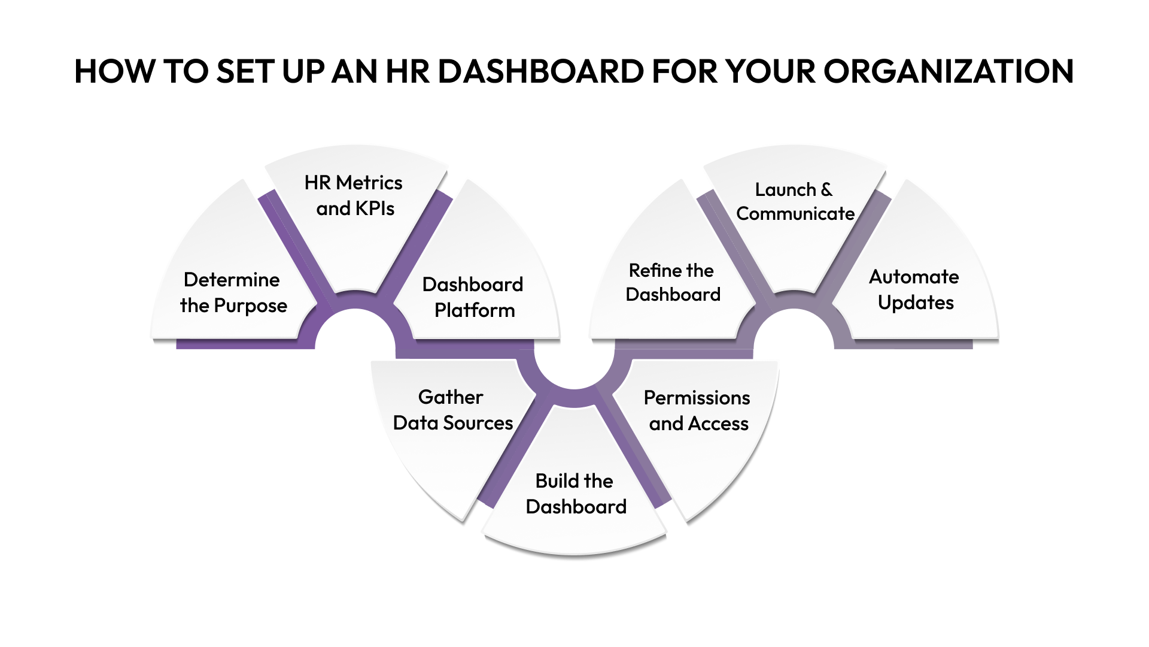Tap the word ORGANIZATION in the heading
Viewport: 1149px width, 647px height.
948,72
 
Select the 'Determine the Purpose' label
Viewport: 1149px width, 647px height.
233,292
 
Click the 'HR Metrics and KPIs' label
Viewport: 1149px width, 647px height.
354,195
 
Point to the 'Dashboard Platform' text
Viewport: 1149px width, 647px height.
473,297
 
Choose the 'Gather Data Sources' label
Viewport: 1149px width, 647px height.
452,410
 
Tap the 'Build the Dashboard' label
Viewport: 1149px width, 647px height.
575,494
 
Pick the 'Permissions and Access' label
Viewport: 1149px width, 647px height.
697,410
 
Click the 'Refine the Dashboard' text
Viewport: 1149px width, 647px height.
672,282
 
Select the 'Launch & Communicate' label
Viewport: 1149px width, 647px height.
795,201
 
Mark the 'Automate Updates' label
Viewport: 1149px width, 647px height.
914,289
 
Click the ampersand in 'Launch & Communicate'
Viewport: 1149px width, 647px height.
826,190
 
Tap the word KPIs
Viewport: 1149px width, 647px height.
375,208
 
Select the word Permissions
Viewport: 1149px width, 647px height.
697,398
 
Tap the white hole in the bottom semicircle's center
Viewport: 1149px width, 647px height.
574,365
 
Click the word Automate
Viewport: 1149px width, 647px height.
914,277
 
